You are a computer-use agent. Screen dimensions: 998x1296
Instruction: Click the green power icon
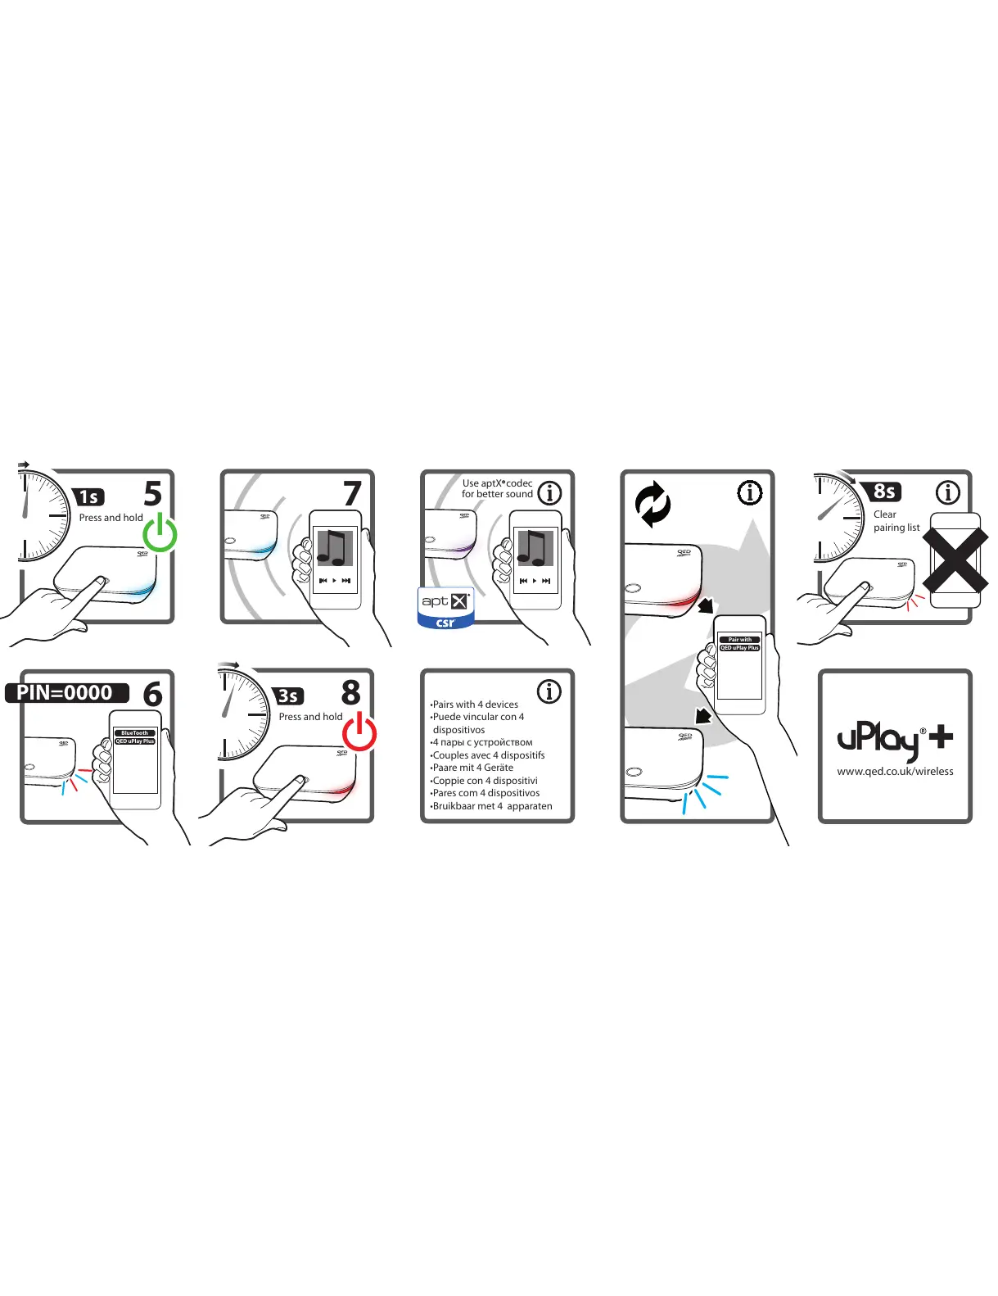160,533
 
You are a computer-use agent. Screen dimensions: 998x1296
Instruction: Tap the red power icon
359,732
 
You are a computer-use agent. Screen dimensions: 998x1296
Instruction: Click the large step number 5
153,493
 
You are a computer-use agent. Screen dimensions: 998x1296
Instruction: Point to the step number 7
352,493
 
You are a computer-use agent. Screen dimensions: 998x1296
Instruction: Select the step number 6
153,695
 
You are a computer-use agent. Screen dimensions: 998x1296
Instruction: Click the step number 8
351,693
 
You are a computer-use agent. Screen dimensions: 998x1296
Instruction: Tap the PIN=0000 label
65,693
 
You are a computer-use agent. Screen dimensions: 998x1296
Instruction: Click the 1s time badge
89,497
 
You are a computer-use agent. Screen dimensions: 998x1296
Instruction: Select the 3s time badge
288,696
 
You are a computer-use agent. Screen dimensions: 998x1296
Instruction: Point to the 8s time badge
884,492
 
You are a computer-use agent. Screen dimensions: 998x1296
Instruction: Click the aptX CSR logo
445,608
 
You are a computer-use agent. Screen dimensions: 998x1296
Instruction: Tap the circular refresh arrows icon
653,505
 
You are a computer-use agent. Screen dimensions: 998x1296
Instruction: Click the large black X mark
955,560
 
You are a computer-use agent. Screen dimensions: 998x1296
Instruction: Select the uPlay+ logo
895,741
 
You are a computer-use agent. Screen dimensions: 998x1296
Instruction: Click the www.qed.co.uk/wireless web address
895,772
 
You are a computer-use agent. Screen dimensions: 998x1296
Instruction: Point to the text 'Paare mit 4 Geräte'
473,768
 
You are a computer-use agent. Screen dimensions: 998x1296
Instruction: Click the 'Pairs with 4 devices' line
475,705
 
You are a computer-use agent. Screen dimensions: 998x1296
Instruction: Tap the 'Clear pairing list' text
896,521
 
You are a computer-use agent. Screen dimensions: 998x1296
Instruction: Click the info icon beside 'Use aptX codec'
549,493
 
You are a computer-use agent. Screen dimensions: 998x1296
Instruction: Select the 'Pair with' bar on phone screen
739,640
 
